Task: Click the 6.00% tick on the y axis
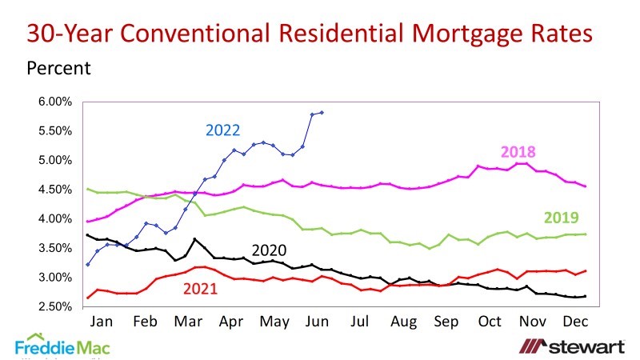pyautogui.click(x=55, y=102)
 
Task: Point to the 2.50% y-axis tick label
pyautogui.click(x=55, y=306)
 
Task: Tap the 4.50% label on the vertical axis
pyautogui.click(x=55, y=190)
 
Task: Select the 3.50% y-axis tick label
pyautogui.click(x=55, y=248)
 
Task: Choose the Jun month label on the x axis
pyautogui.click(x=318, y=321)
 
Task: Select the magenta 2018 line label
pyautogui.click(x=518, y=152)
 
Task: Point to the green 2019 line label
pyautogui.click(x=561, y=217)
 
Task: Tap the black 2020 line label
pyautogui.click(x=269, y=249)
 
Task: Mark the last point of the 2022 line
pyautogui.click(x=322, y=112)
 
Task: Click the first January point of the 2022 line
pyautogui.click(x=88, y=264)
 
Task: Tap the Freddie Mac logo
pyautogui.click(x=62, y=346)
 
